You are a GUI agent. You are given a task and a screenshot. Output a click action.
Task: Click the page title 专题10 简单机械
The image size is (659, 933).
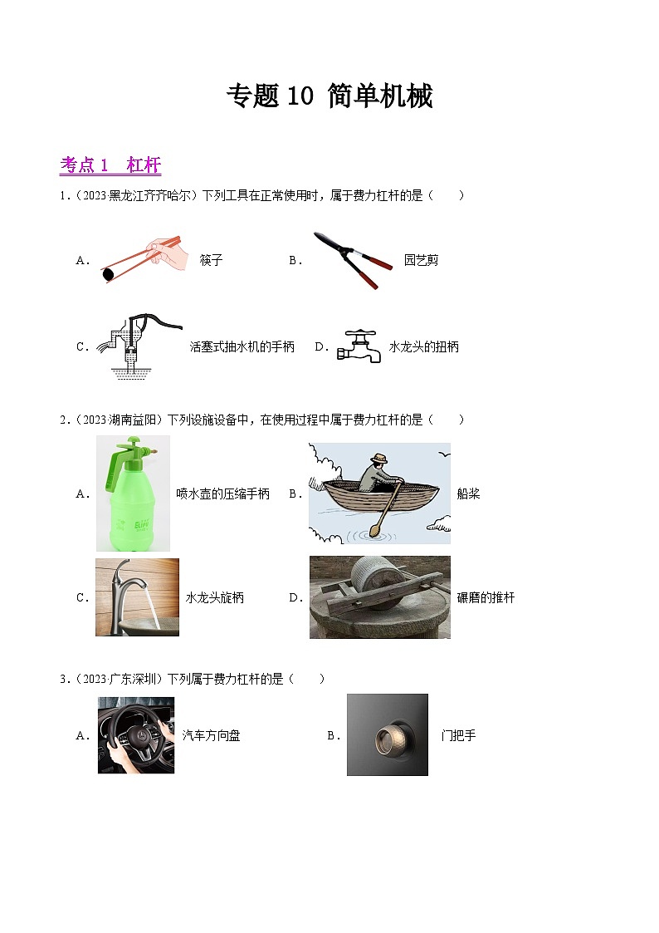click(x=329, y=97)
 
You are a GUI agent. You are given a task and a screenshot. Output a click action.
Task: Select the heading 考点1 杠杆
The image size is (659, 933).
click(x=110, y=165)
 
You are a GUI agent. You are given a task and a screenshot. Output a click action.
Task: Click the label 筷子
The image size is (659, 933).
click(x=211, y=260)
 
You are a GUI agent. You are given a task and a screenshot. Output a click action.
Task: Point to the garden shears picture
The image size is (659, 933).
click(x=352, y=259)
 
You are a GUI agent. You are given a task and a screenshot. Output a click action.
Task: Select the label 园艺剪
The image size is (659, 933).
click(x=421, y=260)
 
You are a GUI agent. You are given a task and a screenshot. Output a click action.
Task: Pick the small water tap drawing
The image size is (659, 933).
click(x=359, y=346)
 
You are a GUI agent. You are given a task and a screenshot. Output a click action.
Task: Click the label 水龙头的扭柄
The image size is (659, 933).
click(x=423, y=346)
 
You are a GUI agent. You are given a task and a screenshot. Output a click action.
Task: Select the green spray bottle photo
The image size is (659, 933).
click(x=133, y=494)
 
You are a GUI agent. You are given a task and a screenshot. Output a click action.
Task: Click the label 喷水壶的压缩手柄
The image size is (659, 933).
click(x=222, y=494)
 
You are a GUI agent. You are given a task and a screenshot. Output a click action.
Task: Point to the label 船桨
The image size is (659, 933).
click(x=468, y=494)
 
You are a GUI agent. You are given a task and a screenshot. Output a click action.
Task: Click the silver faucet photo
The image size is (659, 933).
click(x=137, y=597)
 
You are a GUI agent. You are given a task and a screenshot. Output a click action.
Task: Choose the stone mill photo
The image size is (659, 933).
click(x=379, y=597)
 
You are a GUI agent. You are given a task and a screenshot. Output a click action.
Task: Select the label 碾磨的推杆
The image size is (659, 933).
click(x=486, y=597)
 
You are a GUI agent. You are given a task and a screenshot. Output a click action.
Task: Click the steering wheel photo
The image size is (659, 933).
click(x=136, y=735)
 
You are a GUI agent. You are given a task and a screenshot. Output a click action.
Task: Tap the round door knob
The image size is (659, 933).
click(x=387, y=735)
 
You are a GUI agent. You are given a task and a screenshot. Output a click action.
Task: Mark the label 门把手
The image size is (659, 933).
click(x=459, y=735)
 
